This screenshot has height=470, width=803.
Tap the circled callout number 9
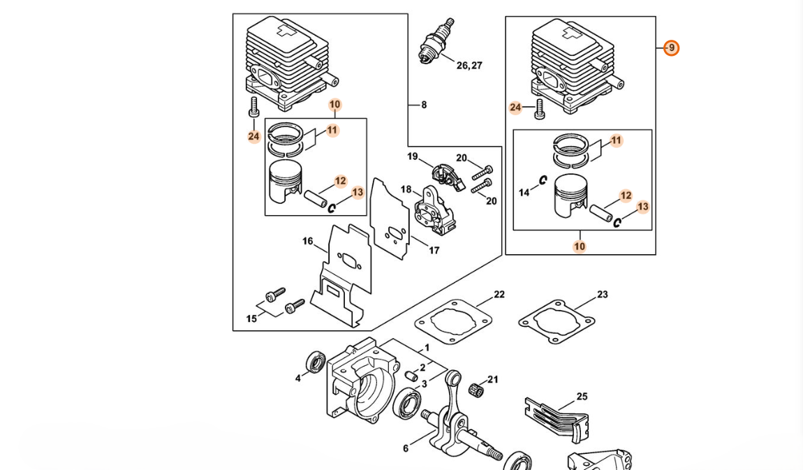coord(671,48)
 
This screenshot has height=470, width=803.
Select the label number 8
coord(423,105)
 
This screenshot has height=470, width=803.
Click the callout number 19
coord(413,157)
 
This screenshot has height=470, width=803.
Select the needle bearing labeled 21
coord(477,388)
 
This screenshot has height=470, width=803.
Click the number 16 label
coord(307,242)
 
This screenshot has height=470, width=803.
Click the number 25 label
coord(582,397)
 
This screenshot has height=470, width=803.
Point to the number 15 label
coord(251,319)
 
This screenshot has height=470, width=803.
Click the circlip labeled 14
coord(543,180)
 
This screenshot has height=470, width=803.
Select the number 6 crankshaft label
coord(406,448)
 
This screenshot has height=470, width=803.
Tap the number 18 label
coord(406,189)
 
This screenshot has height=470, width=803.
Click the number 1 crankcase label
coord(427,348)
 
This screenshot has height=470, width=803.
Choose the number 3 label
coord(424,384)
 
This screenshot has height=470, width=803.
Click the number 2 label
coord(422,368)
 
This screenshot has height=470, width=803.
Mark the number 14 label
coord(524,193)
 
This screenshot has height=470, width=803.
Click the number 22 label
coord(499,295)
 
